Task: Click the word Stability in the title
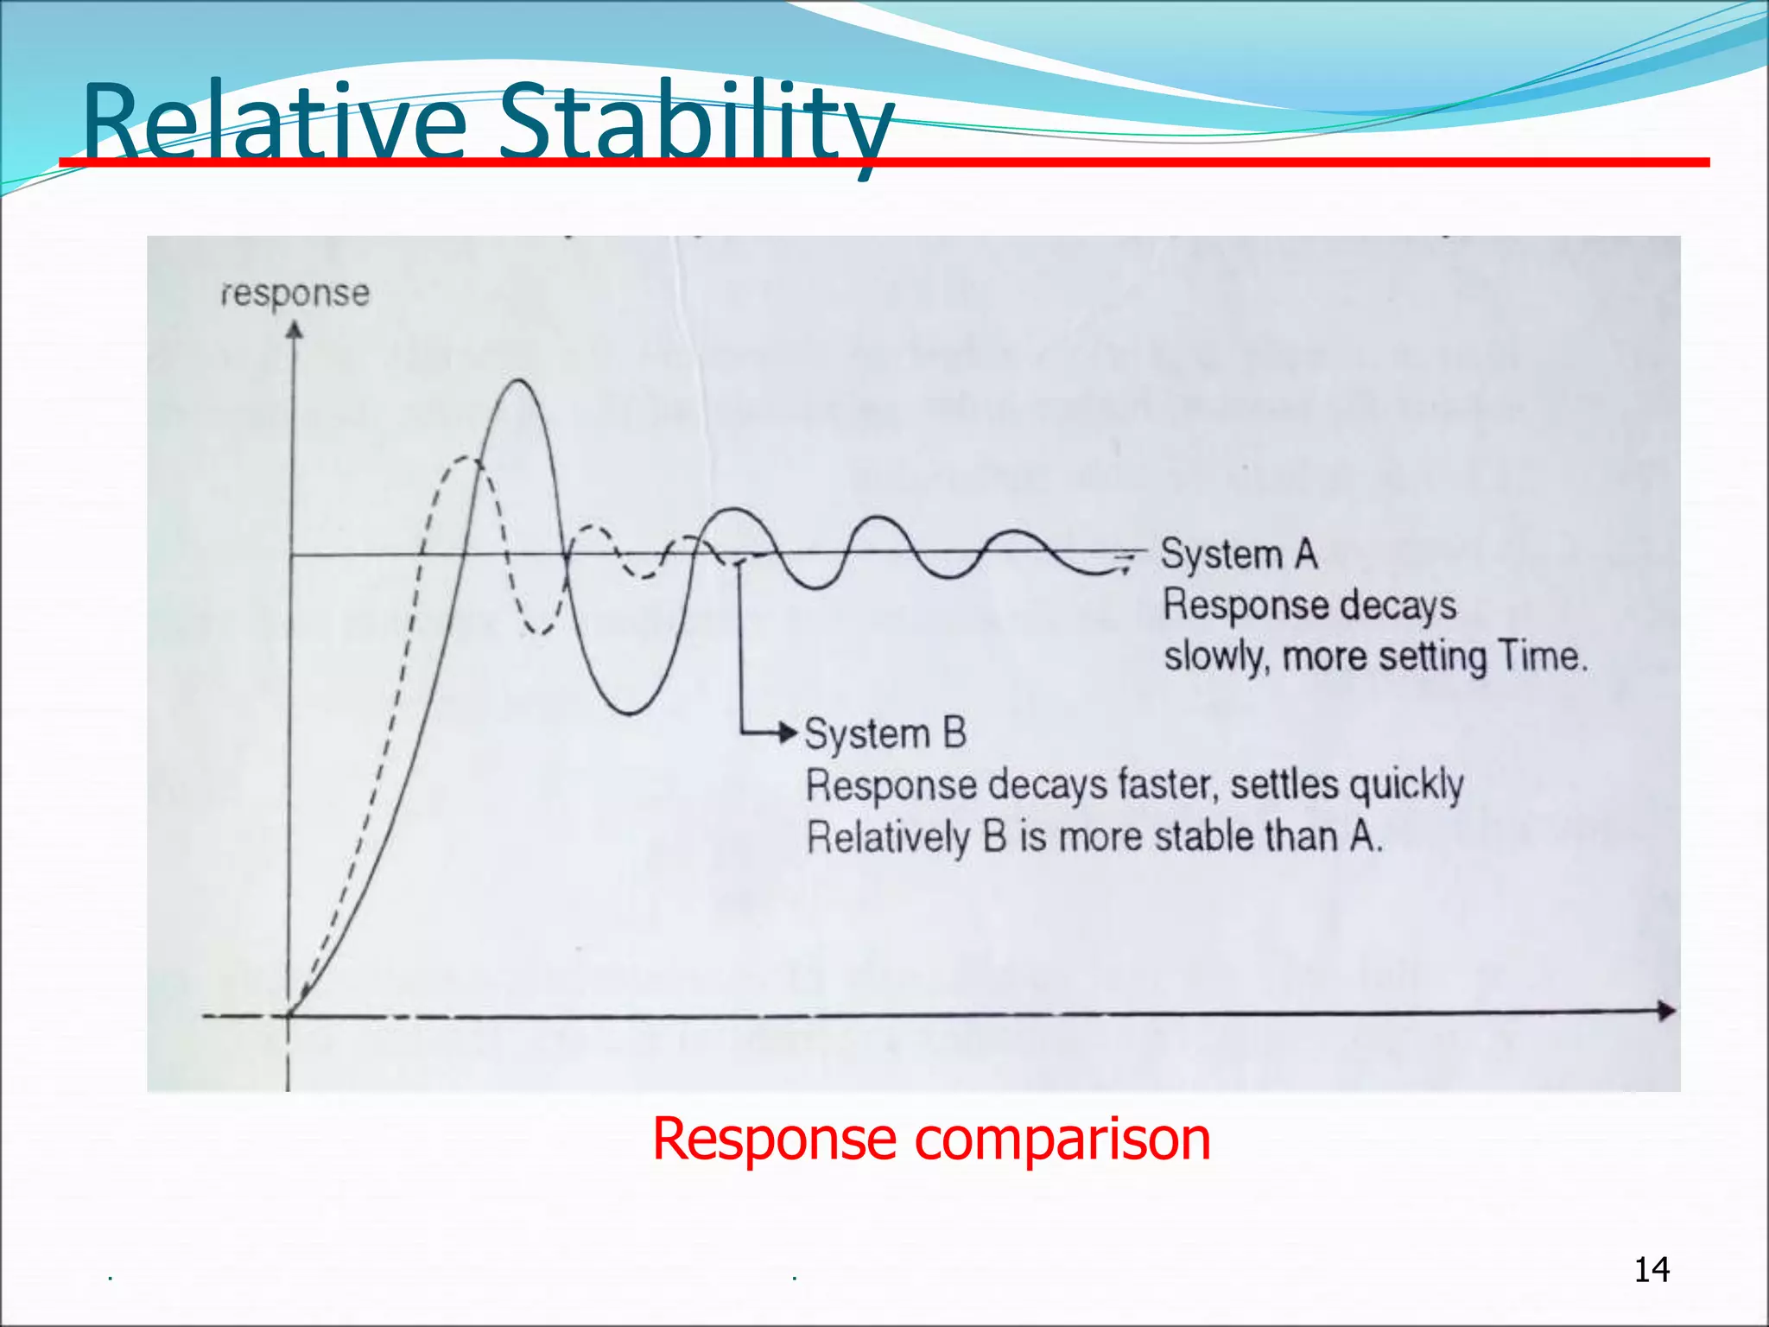(x=695, y=123)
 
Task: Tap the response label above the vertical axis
(x=295, y=294)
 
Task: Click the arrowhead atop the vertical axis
(x=295, y=331)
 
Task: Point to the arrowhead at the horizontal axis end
(x=1666, y=1011)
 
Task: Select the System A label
(x=1239, y=555)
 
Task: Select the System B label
(x=885, y=734)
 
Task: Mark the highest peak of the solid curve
(x=519, y=381)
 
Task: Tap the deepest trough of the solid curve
(x=631, y=714)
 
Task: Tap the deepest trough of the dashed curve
(x=539, y=633)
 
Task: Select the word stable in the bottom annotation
(x=1203, y=836)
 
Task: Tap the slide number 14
(x=1652, y=1270)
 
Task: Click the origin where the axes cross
(x=289, y=1015)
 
